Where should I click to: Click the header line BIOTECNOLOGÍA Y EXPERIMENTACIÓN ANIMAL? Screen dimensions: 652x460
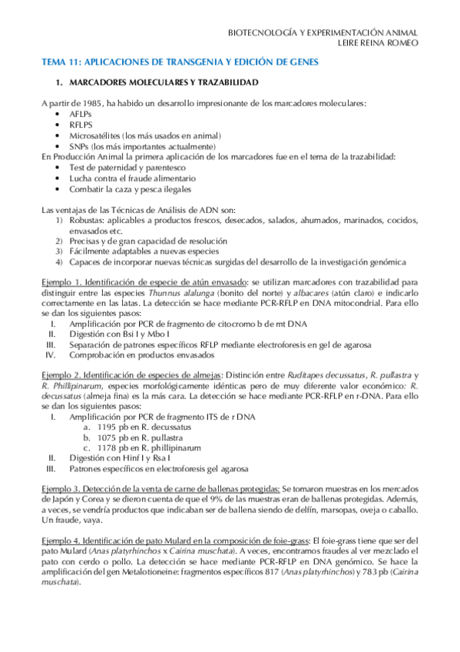pyautogui.click(x=323, y=33)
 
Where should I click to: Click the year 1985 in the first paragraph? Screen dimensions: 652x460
pyautogui.click(x=91, y=103)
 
